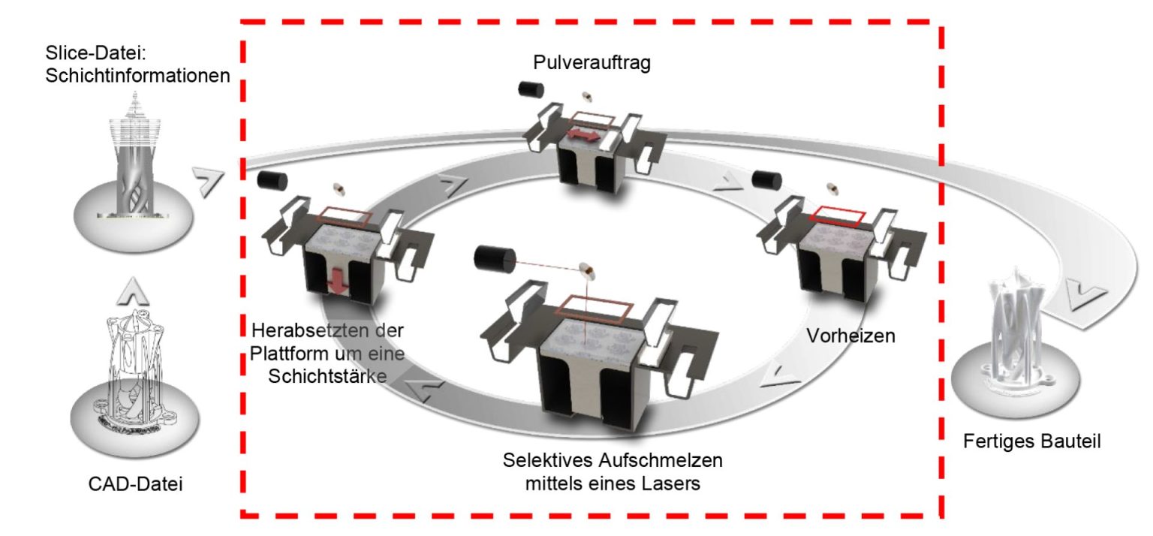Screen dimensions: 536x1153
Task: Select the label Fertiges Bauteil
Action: click(1031, 442)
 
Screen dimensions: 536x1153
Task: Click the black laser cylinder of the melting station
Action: click(492, 260)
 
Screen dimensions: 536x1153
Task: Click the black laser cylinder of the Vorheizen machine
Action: click(767, 179)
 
